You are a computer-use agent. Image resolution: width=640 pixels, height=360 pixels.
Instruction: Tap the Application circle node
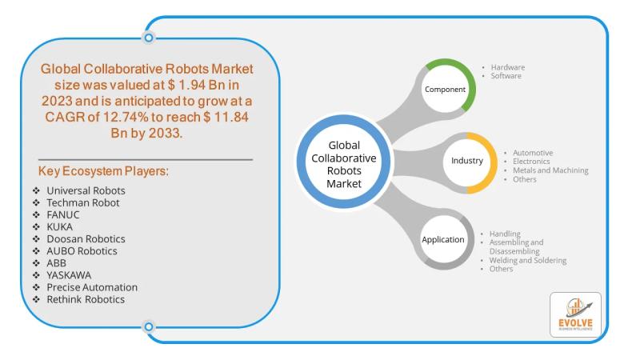[x=444, y=239]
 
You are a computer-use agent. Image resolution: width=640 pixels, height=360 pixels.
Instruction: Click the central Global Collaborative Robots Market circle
[x=344, y=162]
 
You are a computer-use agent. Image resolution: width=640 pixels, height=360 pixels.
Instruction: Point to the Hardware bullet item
[x=508, y=67]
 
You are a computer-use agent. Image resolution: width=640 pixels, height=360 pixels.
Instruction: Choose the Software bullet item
[x=506, y=76]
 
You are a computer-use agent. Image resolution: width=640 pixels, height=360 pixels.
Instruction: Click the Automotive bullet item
[x=533, y=153]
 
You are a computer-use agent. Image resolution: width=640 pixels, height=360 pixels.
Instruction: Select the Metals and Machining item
[x=550, y=170]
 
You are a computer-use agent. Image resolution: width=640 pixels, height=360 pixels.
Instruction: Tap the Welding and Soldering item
[x=528, y=260]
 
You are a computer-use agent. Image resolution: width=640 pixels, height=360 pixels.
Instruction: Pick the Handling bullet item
[x=505, y=234]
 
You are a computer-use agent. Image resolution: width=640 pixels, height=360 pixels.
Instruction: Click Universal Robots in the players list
[x=86, y=190]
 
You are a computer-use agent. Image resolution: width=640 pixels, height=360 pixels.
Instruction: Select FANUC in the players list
[x=63, y=214]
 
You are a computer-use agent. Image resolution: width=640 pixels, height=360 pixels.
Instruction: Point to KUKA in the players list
[x=59, y=227]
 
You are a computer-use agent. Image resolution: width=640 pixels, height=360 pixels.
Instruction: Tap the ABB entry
[x=56, y=263]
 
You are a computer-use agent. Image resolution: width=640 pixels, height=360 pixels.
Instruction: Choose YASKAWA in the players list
[x=69, y=275]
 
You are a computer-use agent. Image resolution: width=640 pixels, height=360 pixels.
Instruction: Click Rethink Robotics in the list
[x=86, y=299]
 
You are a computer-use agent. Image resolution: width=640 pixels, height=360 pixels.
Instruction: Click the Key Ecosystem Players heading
[x=103, y=171]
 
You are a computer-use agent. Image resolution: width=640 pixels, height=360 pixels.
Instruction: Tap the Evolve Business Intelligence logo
[x=575, y=314]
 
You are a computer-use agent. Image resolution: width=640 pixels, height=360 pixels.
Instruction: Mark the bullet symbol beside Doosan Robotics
[x=36, y=238]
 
